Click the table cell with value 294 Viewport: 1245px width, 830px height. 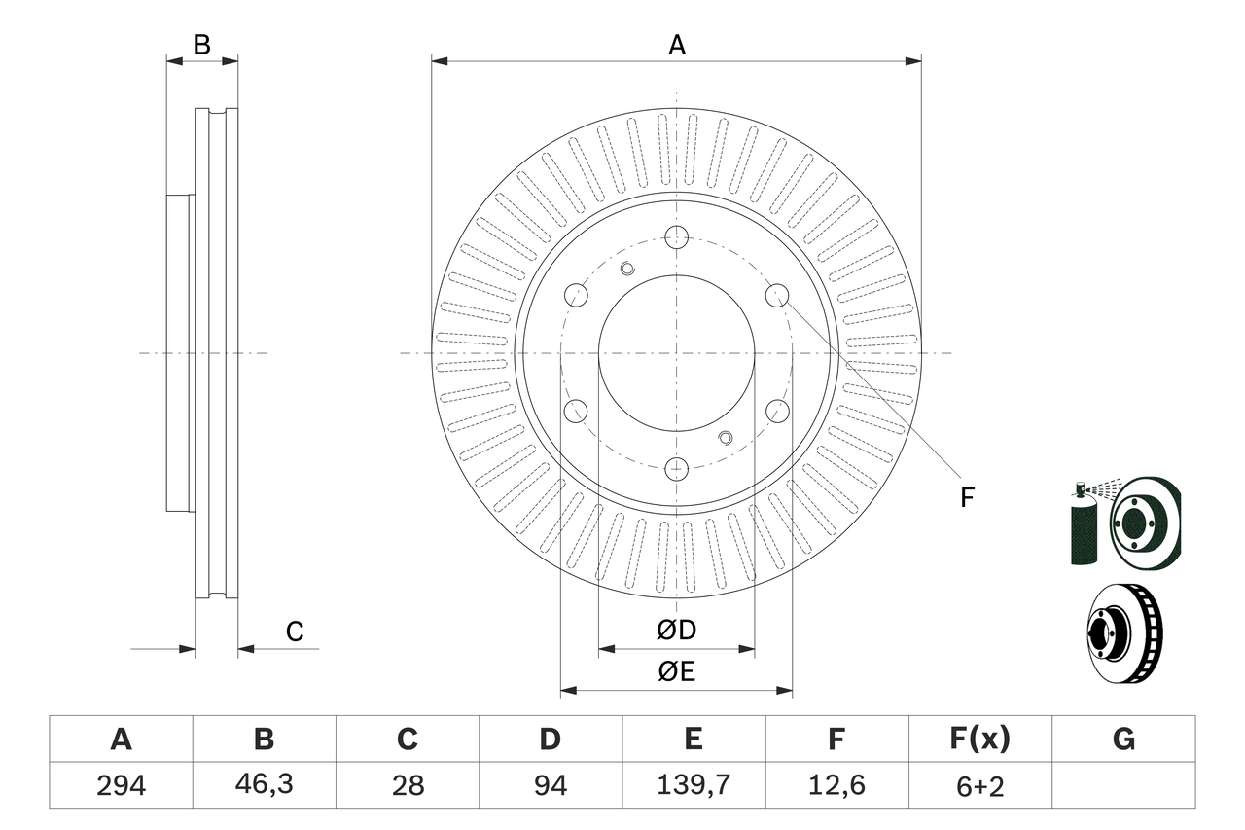(x=121, y=785)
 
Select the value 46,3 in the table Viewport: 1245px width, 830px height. (x=264, y=785)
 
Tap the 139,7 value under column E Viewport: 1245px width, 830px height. (x=693, y=785)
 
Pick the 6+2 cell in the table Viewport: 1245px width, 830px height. (x=978, y=785)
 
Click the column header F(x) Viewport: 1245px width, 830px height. (x=978, y=740)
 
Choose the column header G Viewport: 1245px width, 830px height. (x=1123, y=740)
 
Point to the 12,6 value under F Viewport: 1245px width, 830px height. (x=836, y=785)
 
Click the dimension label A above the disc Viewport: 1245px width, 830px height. (x=676, y=45)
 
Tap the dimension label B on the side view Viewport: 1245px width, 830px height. (x=201, y=45)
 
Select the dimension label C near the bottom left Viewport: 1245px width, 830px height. (x=295, y=632)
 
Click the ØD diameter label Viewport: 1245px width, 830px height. (x=676, y=631)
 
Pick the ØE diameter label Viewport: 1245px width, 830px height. (x=676, y=672)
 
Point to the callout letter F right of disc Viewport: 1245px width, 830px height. (x=966, y=498)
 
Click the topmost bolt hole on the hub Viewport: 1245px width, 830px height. (x=677, y=236)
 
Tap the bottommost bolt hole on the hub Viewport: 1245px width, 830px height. (x=677, y=469)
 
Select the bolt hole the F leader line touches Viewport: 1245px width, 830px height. (x=777, y=295)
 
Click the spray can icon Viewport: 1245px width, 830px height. (x=1083, y=525)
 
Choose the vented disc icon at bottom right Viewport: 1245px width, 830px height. (x=1123, y=632)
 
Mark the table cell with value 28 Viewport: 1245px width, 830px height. (x=407, y=785)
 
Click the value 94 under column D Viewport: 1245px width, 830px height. (x=550, y=785)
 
